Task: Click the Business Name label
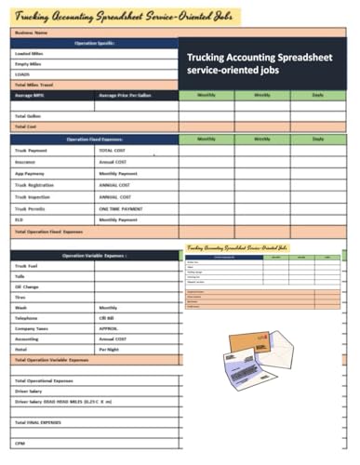31,33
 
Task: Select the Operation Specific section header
93,44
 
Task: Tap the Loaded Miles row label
29,54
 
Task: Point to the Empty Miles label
28,64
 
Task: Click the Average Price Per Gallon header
127,96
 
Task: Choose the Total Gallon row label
28,115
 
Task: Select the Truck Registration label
36,185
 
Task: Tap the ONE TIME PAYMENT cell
121,208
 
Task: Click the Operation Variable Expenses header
93,255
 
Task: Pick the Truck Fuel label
27,267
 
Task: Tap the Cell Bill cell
107,317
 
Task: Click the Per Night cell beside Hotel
110,348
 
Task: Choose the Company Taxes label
32,327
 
